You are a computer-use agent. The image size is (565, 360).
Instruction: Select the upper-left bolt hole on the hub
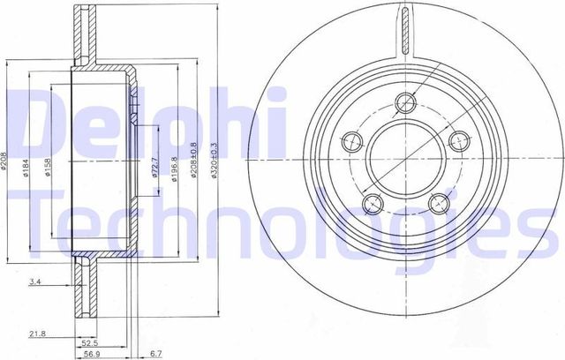pyautogui.click(x=350, y=140)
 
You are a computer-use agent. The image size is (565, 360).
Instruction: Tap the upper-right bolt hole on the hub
pyautogui.click(x=459, y=140)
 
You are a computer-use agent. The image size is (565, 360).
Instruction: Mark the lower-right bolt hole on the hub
pyautogui.click(x=438, y=205)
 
